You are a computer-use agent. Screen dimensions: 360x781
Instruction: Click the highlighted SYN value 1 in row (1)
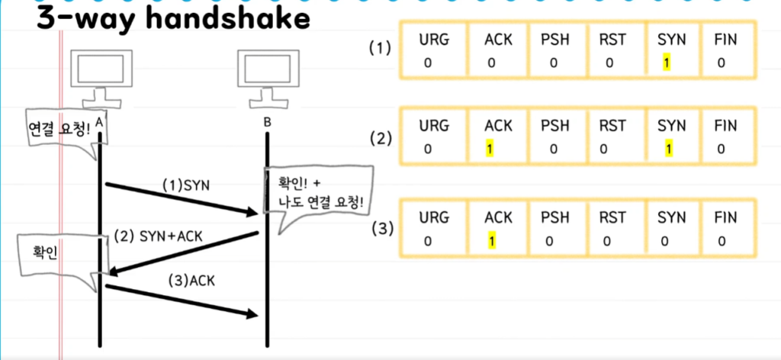[666, 62]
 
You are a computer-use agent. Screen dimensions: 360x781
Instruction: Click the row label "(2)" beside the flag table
[380, 140]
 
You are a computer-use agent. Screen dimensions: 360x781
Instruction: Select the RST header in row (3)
[609, 217]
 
